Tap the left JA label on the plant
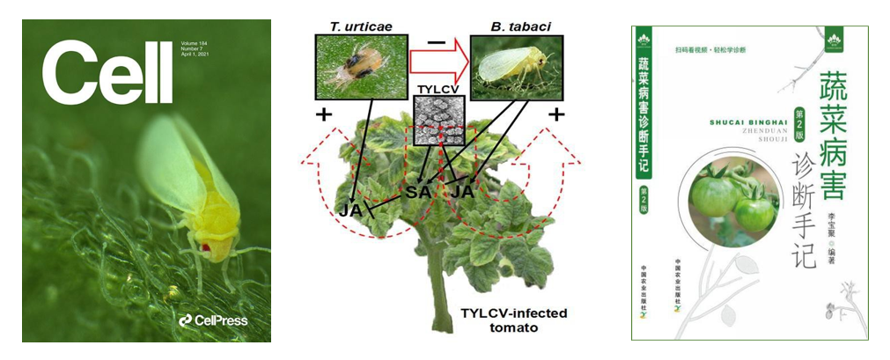pos(349,210)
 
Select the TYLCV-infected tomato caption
pos(510,321)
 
